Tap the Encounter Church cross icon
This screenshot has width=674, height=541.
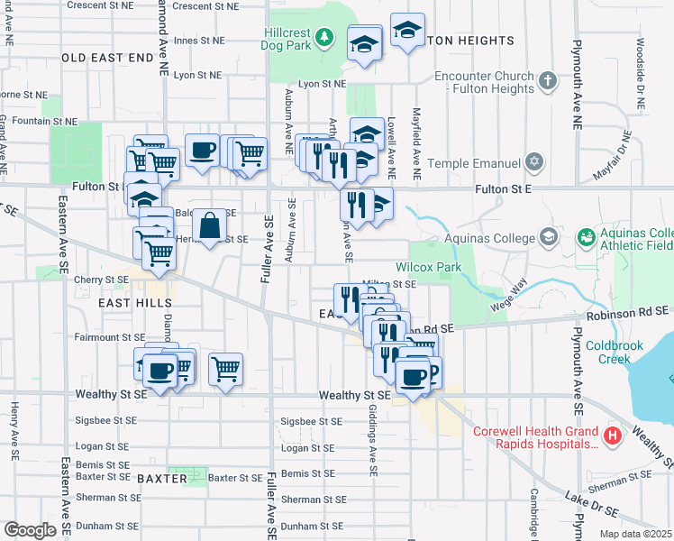tap(547, 82)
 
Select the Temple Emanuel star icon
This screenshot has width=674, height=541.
tap(534, 162)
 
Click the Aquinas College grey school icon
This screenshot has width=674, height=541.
tap(547, 237)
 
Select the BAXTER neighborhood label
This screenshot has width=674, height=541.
tap(162, 478)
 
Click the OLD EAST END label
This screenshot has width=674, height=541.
tap(108, 58)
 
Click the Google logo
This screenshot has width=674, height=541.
tap(31, 530)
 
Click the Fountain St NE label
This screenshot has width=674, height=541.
tap(45, 121)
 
